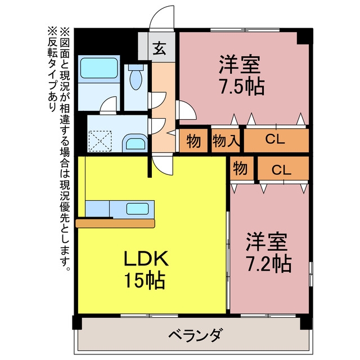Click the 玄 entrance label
click(159, 48)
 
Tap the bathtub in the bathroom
click(99, 68)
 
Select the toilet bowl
click(136, 77)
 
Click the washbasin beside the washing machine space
click(135, 143)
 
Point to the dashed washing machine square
click(100, 141)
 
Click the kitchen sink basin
click(137, 209)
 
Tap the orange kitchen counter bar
click(115, 223)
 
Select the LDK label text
click(146, 258)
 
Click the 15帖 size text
click(145, 280)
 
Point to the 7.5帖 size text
click(242, 87)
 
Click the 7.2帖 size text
click(269, 264)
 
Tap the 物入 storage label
click(226, 141)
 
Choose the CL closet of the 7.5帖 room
click(276, 141)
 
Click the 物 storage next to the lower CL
click(242, 168)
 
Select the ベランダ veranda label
click(195, 335)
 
